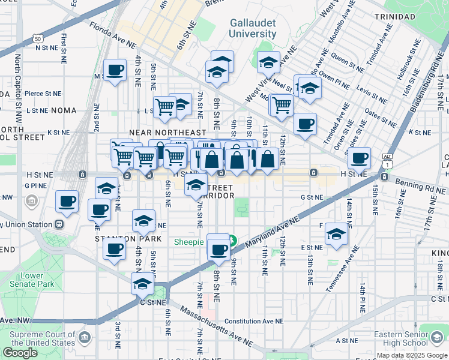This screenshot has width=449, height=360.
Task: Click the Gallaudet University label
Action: click(253, 28)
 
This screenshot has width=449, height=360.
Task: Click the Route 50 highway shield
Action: click(38, 38)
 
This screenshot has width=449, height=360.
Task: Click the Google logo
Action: click(20, 353)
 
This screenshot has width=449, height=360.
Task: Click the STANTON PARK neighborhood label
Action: click(120, 238)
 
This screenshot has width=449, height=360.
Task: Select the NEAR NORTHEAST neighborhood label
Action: click(167, 132)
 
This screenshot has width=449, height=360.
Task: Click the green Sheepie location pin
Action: click(232, 242)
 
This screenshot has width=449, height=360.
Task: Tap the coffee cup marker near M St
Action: click(115, 71)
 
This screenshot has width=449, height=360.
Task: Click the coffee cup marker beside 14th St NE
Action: click(359, 158)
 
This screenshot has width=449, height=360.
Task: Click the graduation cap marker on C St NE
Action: click(143, 283)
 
